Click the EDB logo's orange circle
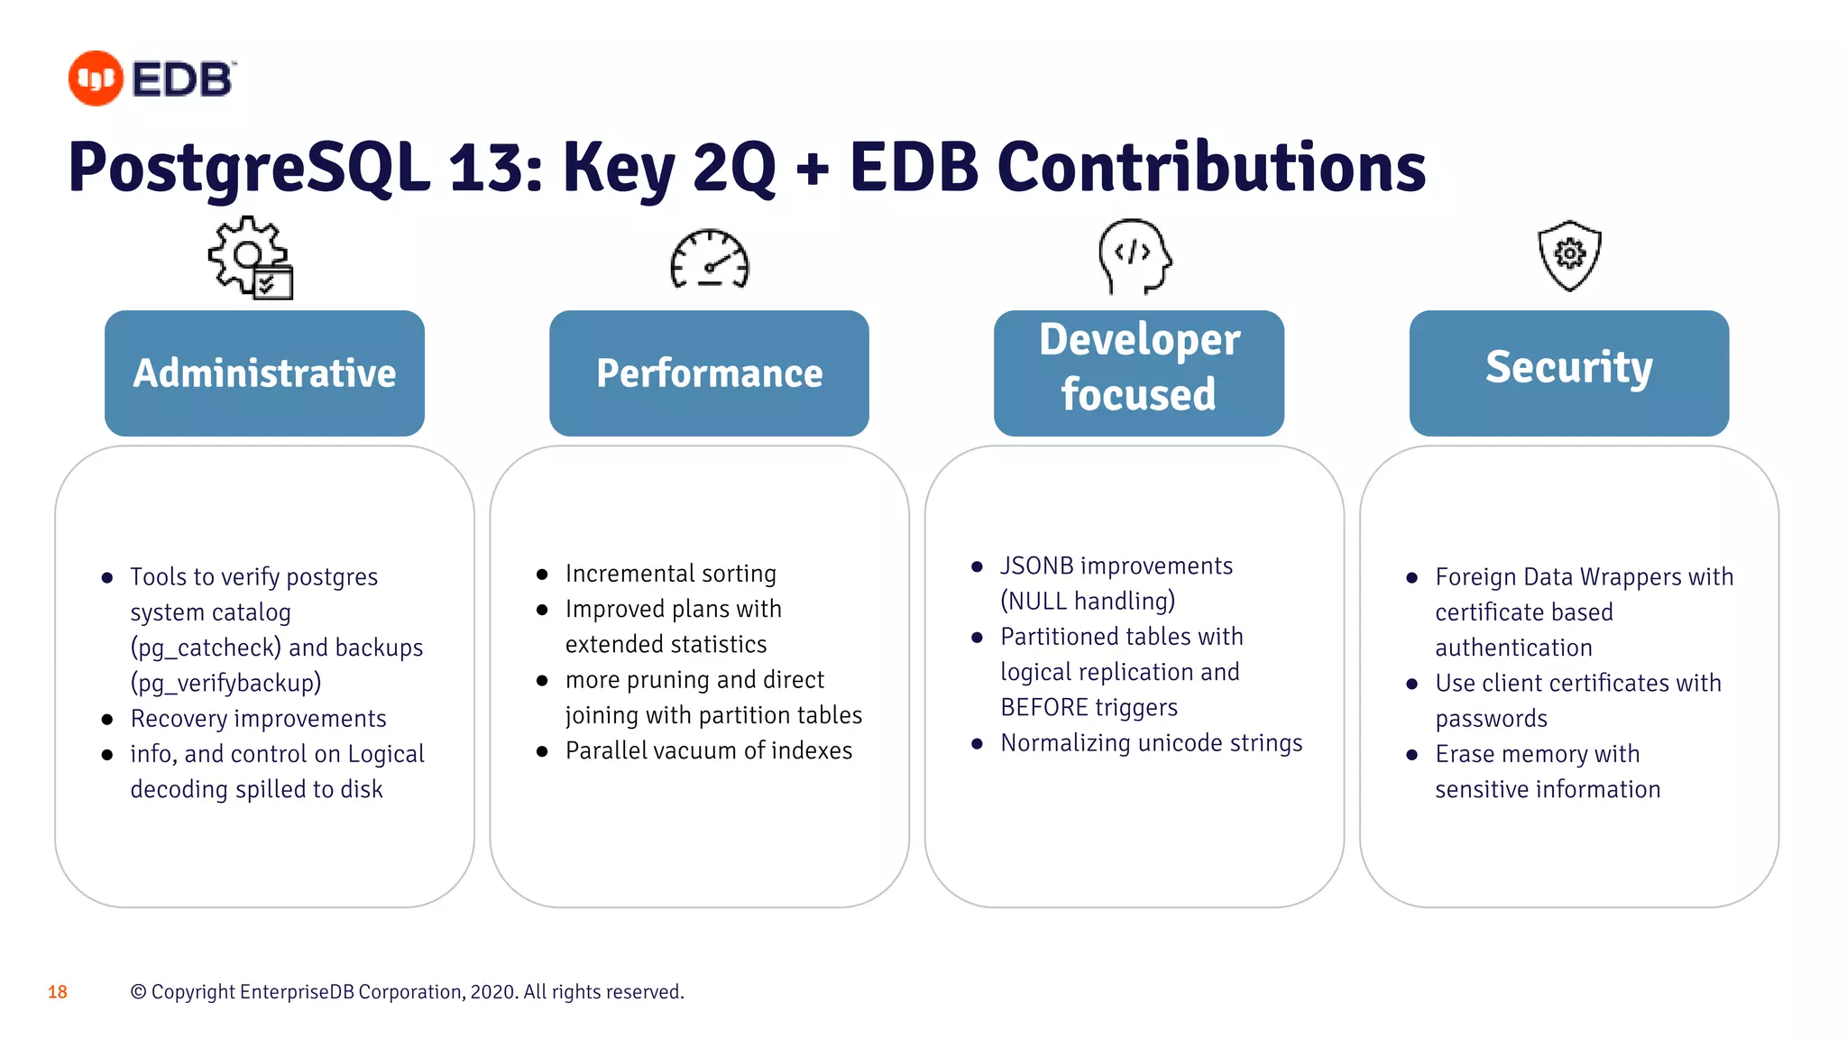[x=96, y=78]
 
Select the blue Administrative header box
[x=264, y=373]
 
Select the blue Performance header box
[x=709, y=373]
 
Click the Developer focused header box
[x=1138, y=373]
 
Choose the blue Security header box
[x=1568, y=373]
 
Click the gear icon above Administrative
[x=249, y=257]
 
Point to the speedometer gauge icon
[x=710, y=260]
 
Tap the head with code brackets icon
[x=1134, y=256]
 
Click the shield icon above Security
[x=1569, y=255]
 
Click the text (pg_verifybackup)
[x=225, y=683]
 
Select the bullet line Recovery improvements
[x=258, y=719]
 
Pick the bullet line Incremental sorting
[x=670, y=574]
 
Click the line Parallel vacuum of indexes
[x=708, y=750]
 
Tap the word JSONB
[x=1036, y=566]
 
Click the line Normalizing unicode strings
[x=1151, y=743]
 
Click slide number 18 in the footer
[x=58, y=992]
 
